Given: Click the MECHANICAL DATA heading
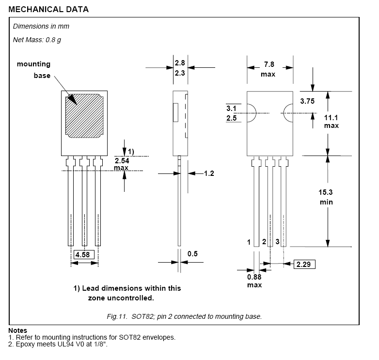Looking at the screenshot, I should (48, 9).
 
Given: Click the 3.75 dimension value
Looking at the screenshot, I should (308, 101).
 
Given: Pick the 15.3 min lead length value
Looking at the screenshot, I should (326, 197).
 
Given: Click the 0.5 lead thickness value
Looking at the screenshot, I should (193, 253).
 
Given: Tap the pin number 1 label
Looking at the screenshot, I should (249, 241).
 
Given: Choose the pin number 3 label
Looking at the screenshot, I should (277, 241).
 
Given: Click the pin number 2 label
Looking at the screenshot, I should (264, 241).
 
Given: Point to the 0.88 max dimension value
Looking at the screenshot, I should (254, 281).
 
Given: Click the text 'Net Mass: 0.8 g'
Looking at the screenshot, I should (37, 39).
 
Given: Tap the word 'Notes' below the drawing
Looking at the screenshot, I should (17, 330).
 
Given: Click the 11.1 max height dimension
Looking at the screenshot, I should (331, 122).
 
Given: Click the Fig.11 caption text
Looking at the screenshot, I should (184, 316).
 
